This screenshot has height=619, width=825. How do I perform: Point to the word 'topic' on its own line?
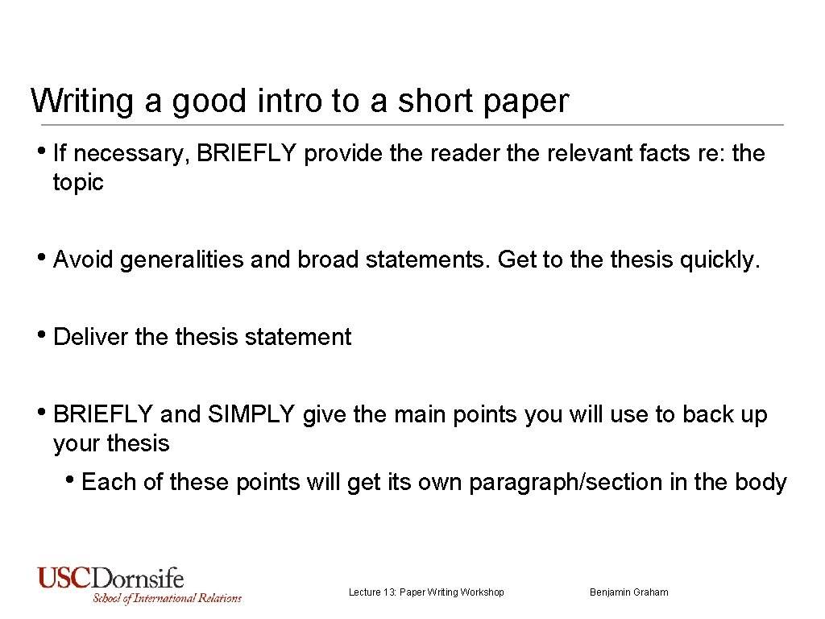click(78, 183)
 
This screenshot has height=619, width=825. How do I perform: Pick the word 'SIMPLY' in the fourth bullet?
click(251, 414)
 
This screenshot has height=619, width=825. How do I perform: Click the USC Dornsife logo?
click(111, 578)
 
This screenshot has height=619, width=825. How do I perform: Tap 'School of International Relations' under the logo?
click(167, 598)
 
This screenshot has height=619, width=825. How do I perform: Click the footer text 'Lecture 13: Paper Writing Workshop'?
click(426, 592)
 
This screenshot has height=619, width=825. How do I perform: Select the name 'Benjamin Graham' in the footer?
click(628, 592)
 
